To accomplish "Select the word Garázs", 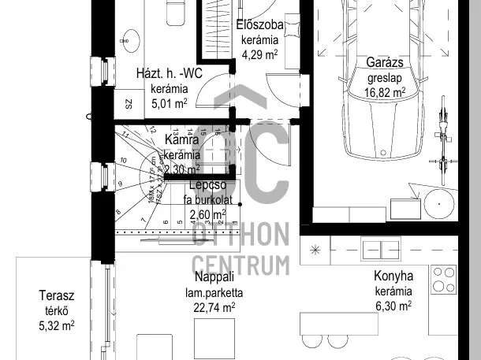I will tap(385, 63).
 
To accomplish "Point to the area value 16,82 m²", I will tap(385, 91).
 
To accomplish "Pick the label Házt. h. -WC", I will tap(170, 73).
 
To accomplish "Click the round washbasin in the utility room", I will tap(130, 37).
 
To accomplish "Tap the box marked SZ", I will tap(128, 104).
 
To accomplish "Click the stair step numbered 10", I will tap(124, 161).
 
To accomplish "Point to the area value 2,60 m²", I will tap(207, 213).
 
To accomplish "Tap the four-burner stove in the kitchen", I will tap(444, 277).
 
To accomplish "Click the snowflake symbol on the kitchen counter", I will tap(315, 250).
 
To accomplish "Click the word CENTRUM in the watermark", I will tap(240, 263).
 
